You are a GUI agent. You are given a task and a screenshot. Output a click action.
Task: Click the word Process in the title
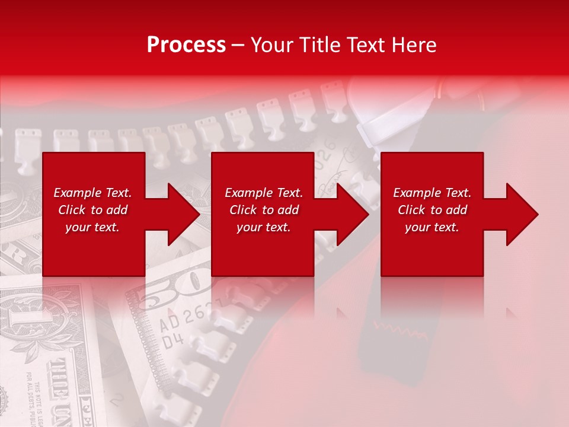(x=186, y=44)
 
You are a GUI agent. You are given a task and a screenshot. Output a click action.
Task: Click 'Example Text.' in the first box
(x=92, y=193)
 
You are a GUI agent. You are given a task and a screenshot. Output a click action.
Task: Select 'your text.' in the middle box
(x=264, y=227)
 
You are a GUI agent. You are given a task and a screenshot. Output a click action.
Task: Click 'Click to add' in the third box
(x=432, y=210)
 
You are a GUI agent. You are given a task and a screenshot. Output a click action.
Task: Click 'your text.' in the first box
(x=92, y=227)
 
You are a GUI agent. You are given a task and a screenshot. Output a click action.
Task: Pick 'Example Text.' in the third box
(x=432, y=193)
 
